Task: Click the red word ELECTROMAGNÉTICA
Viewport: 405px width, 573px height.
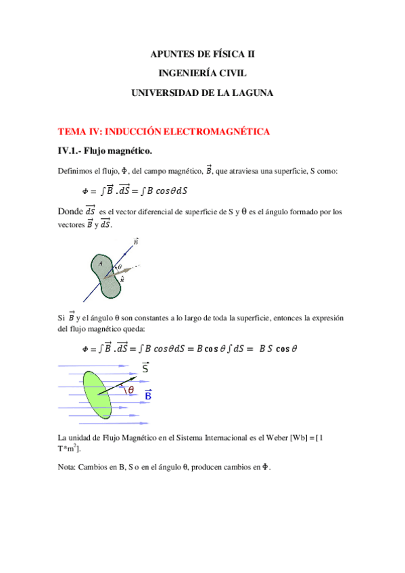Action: tap(216, 130)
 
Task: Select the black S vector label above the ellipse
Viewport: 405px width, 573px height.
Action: tap(145, 368)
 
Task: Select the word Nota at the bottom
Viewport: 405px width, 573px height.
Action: tap(68, 467)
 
